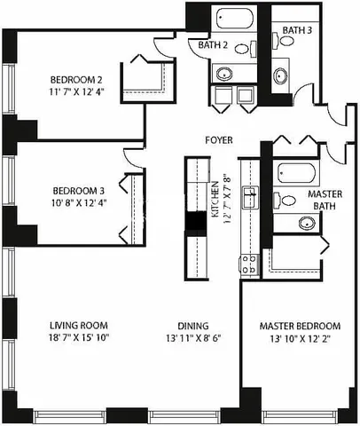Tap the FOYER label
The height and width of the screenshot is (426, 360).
point(218,138)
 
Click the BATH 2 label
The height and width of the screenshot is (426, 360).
point(212,44)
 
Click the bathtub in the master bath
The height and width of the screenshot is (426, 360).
point(293,172)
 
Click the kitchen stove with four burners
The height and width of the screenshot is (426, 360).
point(249,263)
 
